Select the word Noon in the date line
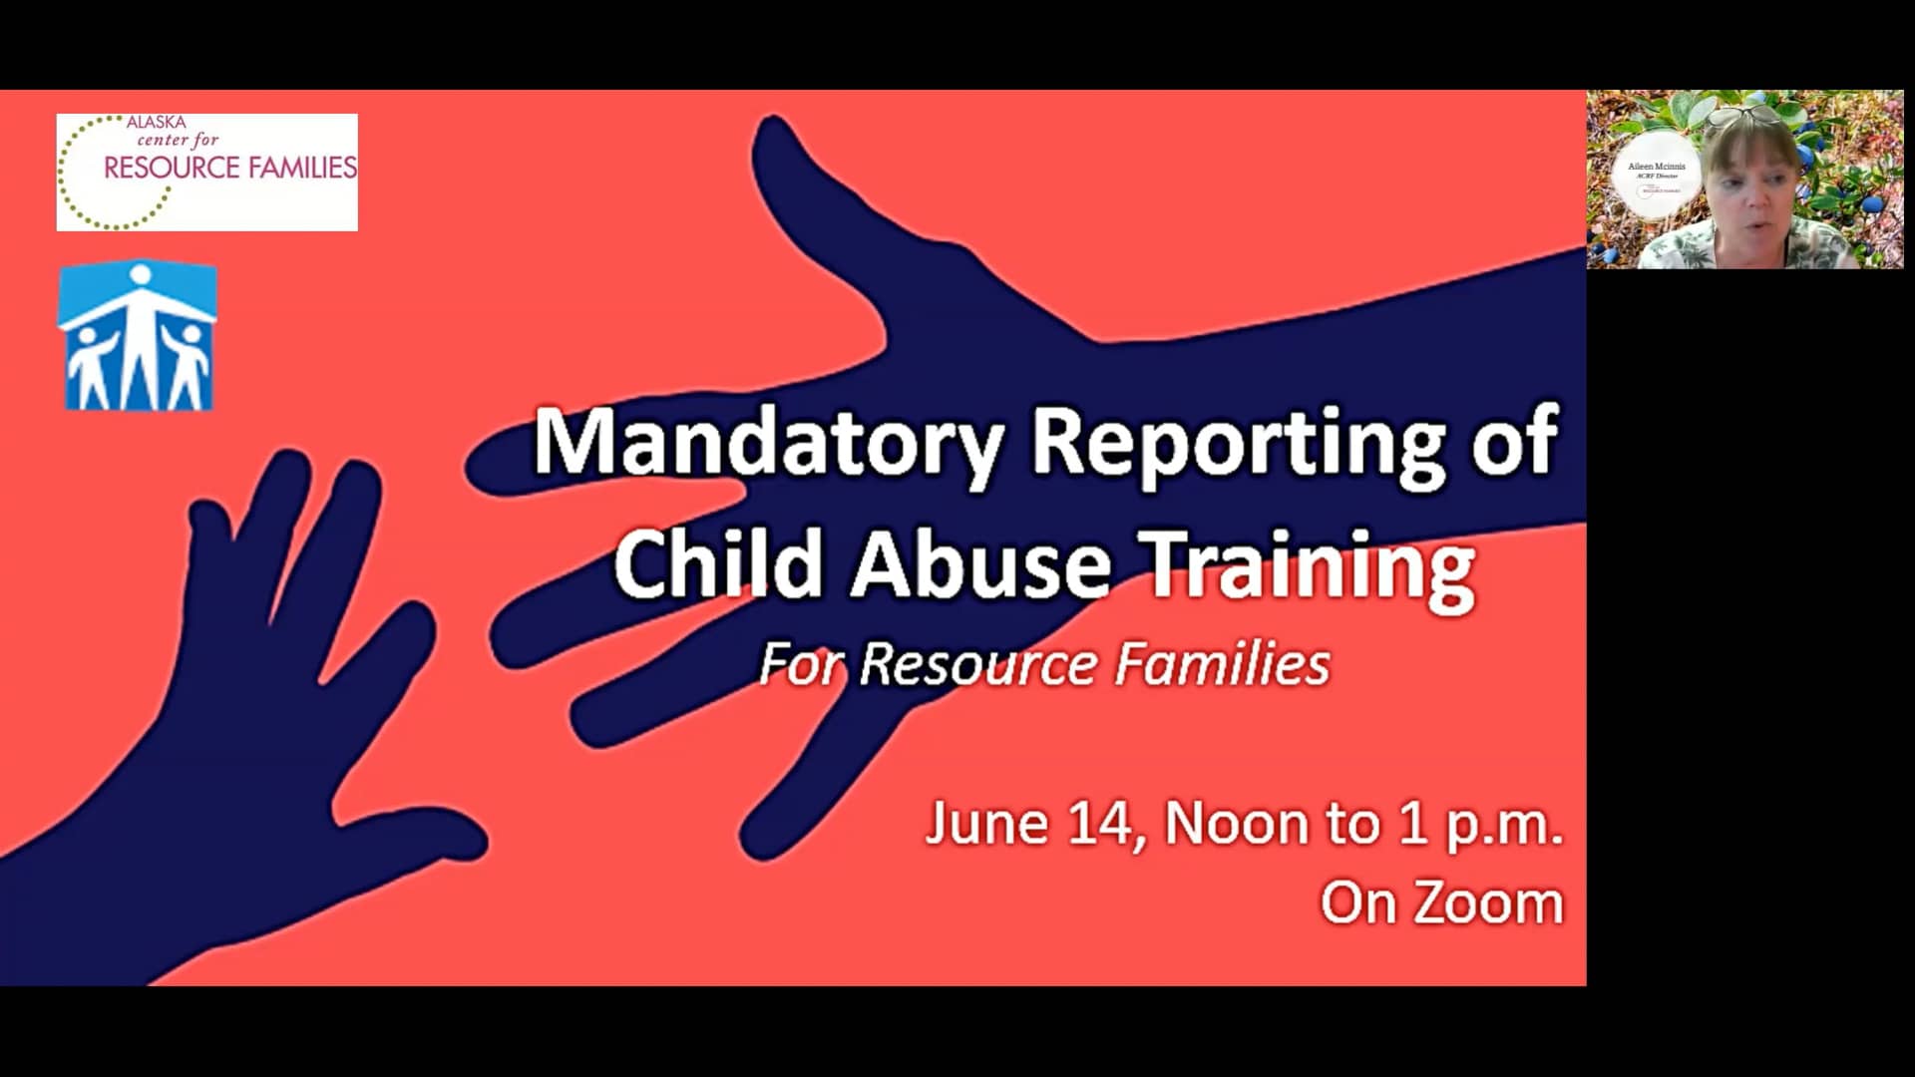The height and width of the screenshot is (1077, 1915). [x=1236, y=825]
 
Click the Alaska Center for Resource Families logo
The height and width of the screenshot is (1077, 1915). [x=206, y=172]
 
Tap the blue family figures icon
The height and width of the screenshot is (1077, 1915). [x=138, y=337]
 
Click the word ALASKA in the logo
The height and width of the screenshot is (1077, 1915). [x=156, y=122]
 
